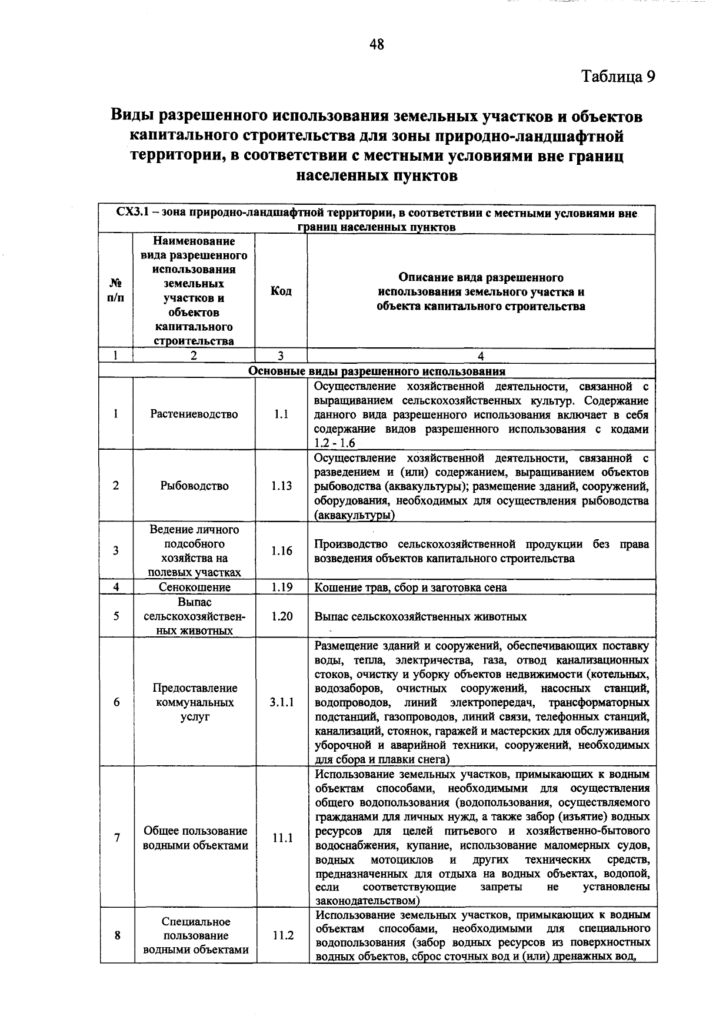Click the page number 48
(377, 44)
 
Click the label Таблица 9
(618, 77)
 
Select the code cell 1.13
(281, 486)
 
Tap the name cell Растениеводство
(194, 414)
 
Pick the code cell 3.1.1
(281, 702)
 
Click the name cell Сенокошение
(195, 587)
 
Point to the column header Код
(281, 291)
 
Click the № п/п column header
(116, 291)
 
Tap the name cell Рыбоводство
(194, 486)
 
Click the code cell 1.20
(281, 616)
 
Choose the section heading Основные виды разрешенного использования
(377, 371)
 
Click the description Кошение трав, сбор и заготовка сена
(411, 587)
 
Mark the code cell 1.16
(281, 551)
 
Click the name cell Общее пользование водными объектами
(195, 838)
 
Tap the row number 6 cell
(116, 702)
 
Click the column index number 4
(481, 356)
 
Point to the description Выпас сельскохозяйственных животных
(421, 617)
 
